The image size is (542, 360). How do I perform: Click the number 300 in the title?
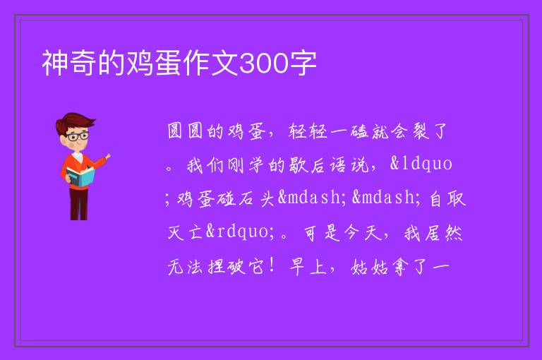click(263, 64)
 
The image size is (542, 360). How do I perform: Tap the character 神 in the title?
click(55, 63)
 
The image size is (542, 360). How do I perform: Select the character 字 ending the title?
click(303, 63)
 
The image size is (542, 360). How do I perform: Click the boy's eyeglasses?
click(77, 136)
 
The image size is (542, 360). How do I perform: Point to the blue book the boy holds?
click(80, 177)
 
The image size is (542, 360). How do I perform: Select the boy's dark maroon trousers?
click(79, 204)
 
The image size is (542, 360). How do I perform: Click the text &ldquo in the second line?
click(421, 164)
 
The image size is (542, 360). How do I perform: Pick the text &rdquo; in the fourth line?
click(240, 232)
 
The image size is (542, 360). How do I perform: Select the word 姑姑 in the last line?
click(369, 268)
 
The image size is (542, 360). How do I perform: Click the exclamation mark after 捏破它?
click(272, 266)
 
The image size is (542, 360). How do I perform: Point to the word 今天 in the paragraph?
click(362, 233)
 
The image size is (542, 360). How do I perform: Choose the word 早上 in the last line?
click(308, 268)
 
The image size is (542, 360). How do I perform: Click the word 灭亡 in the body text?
click(185, 232)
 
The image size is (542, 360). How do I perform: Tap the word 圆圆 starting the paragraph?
click(185, 131)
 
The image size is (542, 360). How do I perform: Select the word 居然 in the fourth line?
click(443, 233)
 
